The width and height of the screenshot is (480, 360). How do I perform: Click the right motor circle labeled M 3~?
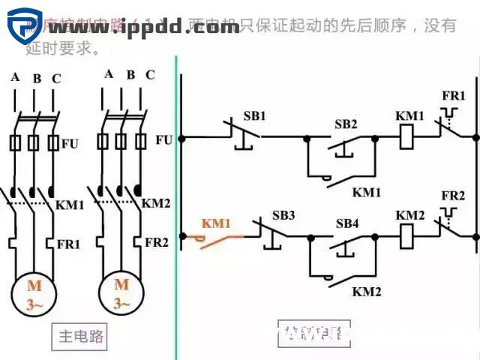[121, 294]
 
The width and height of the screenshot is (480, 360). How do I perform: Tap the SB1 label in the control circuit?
[254, 116]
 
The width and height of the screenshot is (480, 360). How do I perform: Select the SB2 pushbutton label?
[346, 124]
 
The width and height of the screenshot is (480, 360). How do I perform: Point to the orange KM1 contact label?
[217, 223]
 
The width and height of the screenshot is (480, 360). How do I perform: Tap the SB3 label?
[283, 216]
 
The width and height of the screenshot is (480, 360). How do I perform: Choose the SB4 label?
[347, 223]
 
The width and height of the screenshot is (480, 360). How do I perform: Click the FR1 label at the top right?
[453, 97]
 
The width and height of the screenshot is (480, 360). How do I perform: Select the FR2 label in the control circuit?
[453, 196]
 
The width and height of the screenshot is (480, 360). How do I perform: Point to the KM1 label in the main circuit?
[70, 205]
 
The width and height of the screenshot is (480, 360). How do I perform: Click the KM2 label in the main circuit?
[156, 203]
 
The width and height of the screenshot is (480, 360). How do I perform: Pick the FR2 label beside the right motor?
[156, 242]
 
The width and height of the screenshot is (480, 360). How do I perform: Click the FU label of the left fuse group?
[69, 142]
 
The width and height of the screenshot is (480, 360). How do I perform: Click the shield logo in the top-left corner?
[25, 24]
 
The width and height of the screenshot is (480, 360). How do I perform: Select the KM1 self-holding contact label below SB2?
[367, 192]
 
